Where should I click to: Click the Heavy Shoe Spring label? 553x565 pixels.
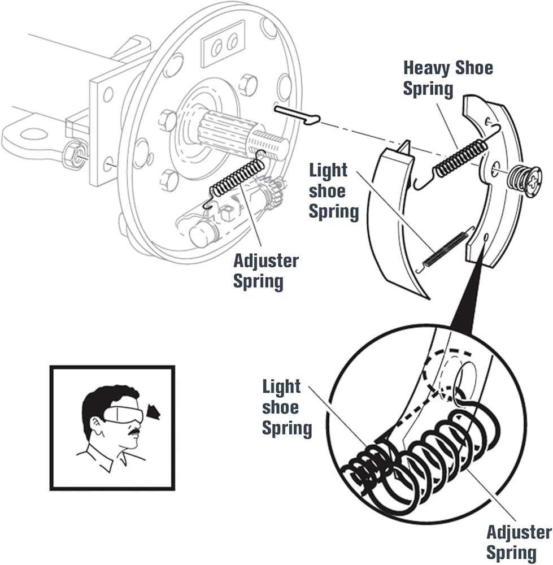(x=448, y=78)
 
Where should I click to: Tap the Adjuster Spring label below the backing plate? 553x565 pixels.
(x=266, y=271)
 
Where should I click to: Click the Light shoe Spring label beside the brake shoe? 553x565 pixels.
(x=334, y=191)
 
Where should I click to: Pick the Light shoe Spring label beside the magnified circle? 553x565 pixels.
(x=287, y=407)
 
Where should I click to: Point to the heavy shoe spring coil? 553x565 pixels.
(x=460, y=158)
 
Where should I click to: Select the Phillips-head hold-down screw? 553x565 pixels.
(x=525, y=181)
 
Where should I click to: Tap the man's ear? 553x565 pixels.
(x=97, y=426)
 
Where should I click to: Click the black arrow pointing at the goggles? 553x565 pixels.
(x=154, y=412)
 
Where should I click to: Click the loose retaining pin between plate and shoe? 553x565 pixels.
(x=298, y=115)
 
